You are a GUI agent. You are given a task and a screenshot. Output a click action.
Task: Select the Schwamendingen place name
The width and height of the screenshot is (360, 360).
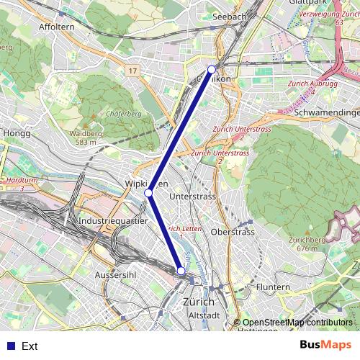[327, 113]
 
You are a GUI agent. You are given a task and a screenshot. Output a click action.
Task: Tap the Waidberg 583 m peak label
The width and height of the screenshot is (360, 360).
[86, 138]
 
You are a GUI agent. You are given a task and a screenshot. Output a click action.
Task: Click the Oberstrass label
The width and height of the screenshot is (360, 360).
[233, 232]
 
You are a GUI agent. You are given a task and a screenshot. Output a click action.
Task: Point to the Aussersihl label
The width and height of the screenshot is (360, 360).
[117, 275]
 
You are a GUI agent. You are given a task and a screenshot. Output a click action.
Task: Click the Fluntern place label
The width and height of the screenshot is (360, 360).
[273, 287]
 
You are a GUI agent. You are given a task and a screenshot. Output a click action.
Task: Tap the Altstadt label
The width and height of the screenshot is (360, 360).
[203, 315]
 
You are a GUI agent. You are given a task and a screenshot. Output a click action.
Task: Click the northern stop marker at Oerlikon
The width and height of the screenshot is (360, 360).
[212, 69]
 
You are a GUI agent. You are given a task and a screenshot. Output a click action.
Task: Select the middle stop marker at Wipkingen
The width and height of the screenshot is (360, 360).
[148, 193]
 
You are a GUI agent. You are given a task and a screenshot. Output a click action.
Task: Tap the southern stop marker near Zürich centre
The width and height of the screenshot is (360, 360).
[181, 271]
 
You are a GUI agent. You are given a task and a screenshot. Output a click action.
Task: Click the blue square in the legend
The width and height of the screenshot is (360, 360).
[10, 346]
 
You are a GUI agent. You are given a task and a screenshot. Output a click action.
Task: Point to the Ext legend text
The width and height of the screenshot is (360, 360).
[30, 346]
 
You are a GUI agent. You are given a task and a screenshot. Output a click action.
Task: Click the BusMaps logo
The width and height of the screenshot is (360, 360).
[326, 345]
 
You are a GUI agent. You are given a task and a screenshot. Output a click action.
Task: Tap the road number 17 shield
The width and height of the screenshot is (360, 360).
[132, 71]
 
